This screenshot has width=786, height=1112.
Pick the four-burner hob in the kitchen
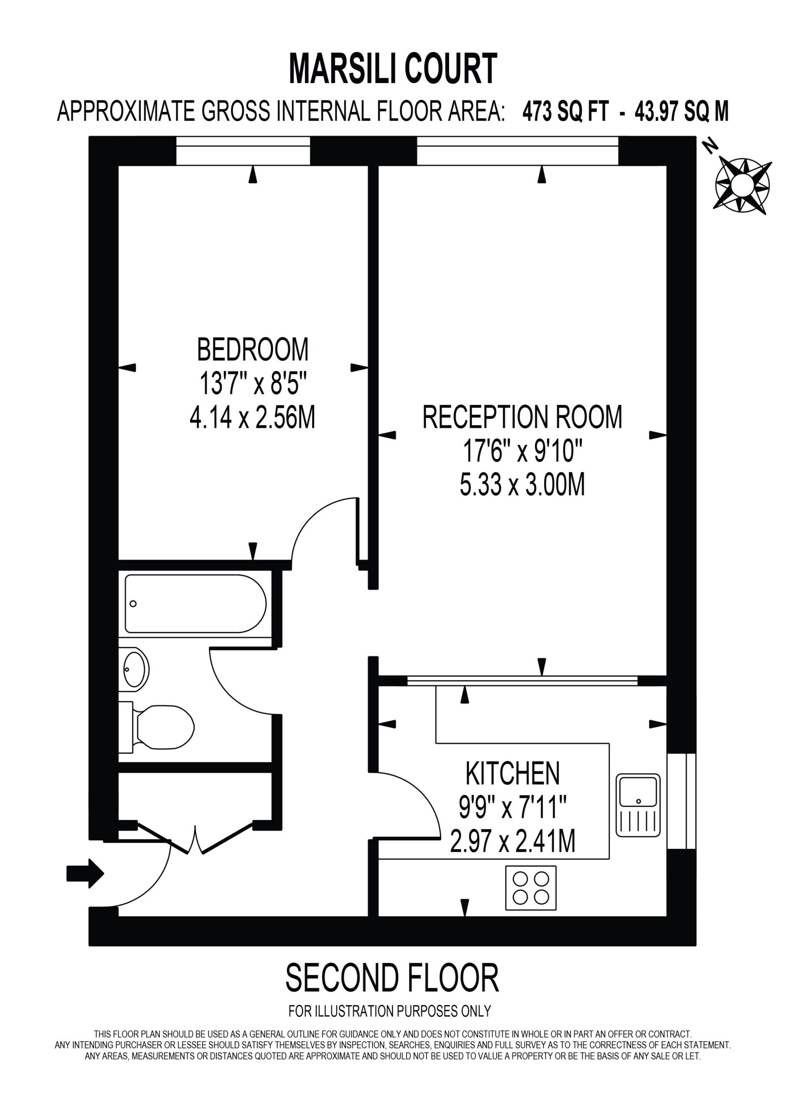[x=531, y=888]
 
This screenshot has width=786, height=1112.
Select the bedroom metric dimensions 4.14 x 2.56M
[x=252, y=417]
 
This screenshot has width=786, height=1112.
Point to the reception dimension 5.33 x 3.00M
[x=522, y=485]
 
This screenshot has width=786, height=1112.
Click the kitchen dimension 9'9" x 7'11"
[x=512, y=808]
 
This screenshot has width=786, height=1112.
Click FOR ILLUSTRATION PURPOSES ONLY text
[x=390, y=1011]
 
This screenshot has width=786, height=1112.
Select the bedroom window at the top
[x=243, y=151]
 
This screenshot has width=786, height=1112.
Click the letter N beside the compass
[x=710, y=146]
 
